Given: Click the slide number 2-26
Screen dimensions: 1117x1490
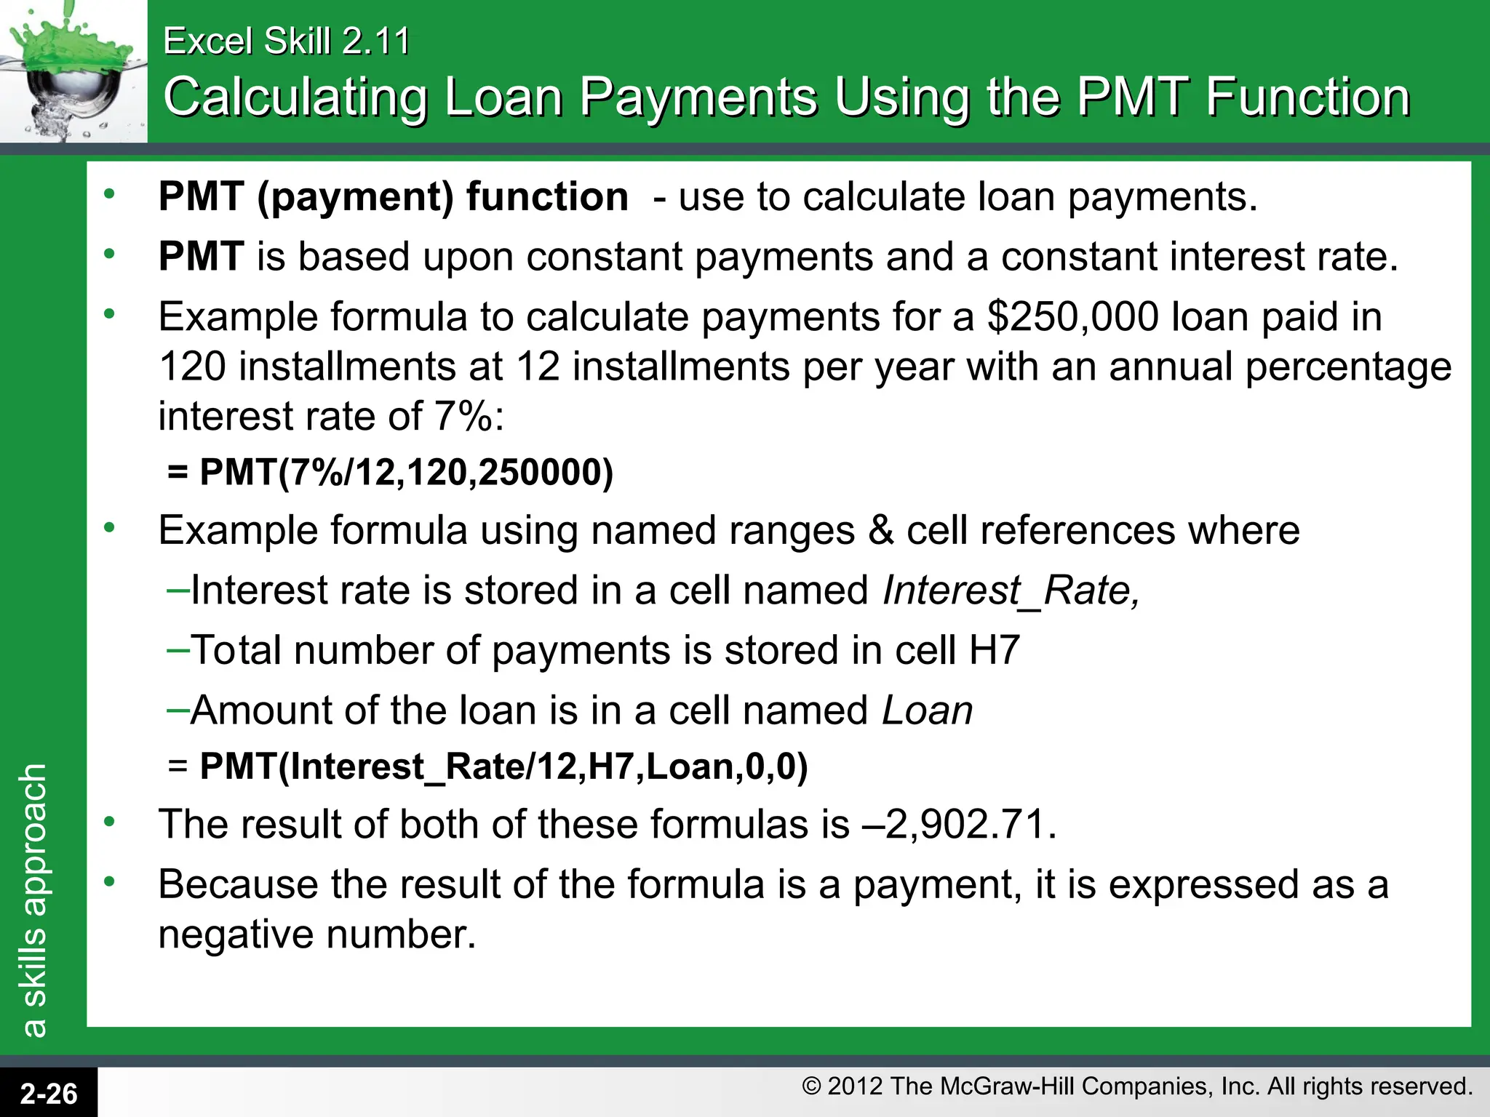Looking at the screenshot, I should (48, 1093).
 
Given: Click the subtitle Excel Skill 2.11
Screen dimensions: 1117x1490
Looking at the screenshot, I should (286, 41).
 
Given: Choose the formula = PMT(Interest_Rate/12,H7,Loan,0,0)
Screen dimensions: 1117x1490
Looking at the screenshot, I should (488, 766).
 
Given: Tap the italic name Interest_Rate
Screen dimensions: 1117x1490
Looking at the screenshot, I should (1010, 590).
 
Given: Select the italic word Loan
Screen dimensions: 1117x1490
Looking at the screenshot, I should (927, 710).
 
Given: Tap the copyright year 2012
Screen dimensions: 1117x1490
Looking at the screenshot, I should (856, 1086).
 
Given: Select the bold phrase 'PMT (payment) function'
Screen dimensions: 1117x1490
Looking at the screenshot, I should (393, 197).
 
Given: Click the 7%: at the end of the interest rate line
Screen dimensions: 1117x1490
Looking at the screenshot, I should (469, 417).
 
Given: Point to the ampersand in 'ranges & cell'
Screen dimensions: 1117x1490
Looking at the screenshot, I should (880, 530).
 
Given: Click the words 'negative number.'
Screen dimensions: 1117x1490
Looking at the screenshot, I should (317, 934).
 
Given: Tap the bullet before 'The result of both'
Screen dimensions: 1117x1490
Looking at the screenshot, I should (109, 822).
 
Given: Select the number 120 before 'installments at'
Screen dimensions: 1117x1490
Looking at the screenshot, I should (191, 367).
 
